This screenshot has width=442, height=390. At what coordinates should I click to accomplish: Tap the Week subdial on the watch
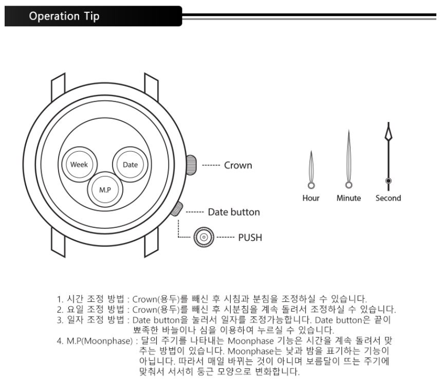click(x=79, y=164)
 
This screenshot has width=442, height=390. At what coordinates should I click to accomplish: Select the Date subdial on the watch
click(x=127, y=164)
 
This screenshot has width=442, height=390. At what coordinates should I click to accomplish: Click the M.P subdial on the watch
click(x=103, y=188)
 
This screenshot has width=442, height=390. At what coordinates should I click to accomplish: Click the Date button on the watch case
click(x=176, y=208)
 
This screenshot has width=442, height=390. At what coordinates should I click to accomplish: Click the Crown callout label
click(x=237, y=166)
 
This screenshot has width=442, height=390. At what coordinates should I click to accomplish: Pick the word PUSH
click(x=250, y=238)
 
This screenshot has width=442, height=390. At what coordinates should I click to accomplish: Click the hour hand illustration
click(x=311, y=170)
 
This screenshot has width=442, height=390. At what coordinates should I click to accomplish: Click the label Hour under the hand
click(x=311, y=198)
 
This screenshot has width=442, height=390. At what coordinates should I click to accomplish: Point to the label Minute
click(x=348, y=198)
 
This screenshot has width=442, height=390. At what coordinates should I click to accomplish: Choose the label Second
click(x=389, y=198)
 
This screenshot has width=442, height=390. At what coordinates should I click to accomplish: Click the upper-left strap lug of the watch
click(x=58, y=87)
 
